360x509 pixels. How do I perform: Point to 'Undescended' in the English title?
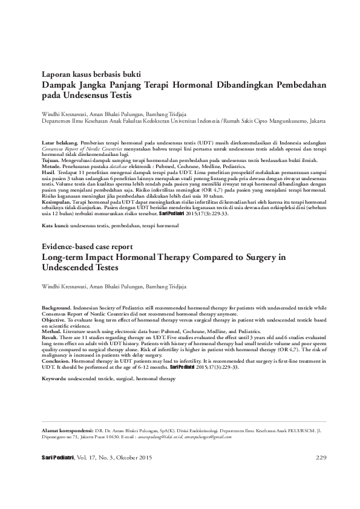pos(67,268)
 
